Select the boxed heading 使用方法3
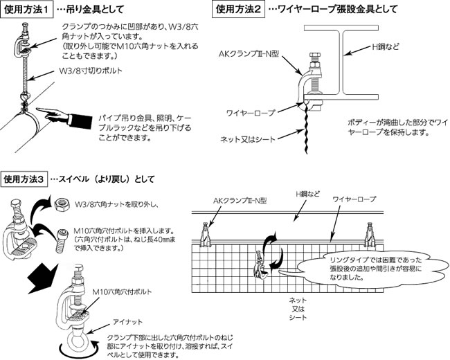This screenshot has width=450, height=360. pos(25,179)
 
